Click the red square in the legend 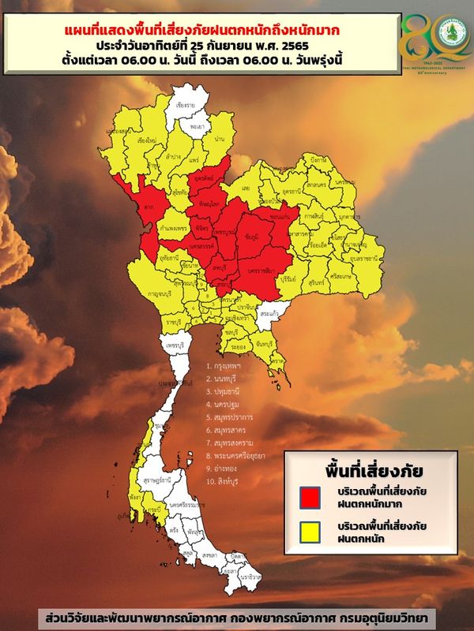(x=309, y=498)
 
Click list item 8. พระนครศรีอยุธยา (x=245, y=455)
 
